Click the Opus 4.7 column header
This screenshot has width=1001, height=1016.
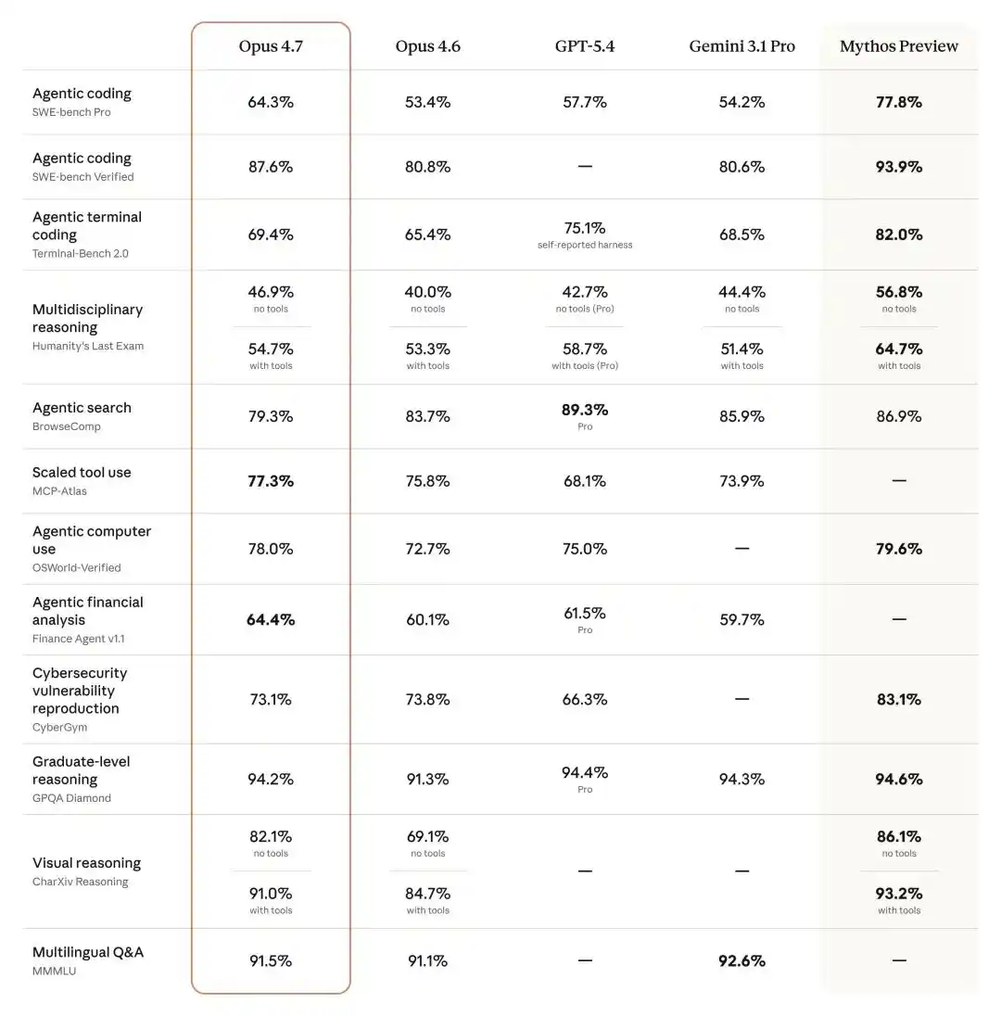pyautogui.click(x=271, y=46)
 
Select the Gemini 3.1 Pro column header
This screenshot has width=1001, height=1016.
pyautogui.click(x=741, y=46)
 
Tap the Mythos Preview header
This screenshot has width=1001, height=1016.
pyautogui.click(x=898, y=46)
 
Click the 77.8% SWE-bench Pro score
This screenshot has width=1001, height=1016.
pyautogui.click(x=898, y=102)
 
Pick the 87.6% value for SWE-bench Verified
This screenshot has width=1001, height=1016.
pyautogui.click(x=271, y=167)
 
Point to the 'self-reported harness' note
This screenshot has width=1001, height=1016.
pyautogui.click(x=585, y=245)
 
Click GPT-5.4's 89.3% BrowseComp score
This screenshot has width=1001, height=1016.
pyautogui.click(x=585, y=410)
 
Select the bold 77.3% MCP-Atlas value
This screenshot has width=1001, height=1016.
pyautogui.click(x=271, y=481)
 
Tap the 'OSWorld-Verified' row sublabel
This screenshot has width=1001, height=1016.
pyautogui.click(x=77, y=567)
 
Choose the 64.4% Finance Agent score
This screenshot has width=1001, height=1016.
pyautogui.click(x=271, y=619)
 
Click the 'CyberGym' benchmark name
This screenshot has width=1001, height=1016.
pyautogui.click(x=59, y=727)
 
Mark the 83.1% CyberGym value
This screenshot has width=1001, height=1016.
pyautogui.click(x=898, y=700)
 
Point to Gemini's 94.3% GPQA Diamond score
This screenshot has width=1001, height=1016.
pyautogui.click(x=741, y=780)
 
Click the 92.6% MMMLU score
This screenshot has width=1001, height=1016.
pyautogui.click(x=741, y=961)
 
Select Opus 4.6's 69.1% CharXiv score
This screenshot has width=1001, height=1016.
pyautogui.click(x=427, y=836)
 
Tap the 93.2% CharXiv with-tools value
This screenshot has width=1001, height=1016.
pyautogui.click(x=898, y=894)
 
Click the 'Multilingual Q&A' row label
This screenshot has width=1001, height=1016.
pyautogui.click(x=88, y=952)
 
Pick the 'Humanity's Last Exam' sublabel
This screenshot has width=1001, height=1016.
pyautogui.click(x=88, y=346)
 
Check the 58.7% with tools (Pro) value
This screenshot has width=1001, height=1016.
pyautogui.click(x=585, y=349)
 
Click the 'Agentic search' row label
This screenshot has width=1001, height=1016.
pyautogui.click(x=82, y=408)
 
